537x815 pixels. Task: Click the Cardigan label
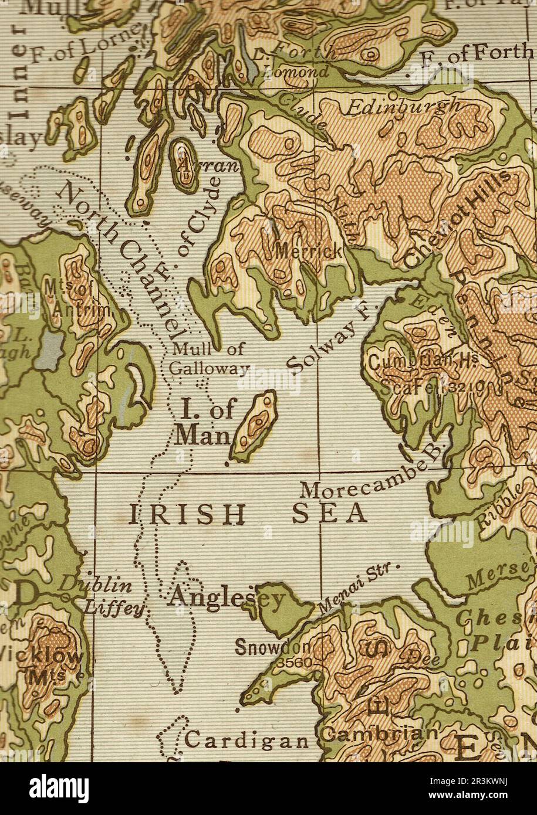click(246, 740)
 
